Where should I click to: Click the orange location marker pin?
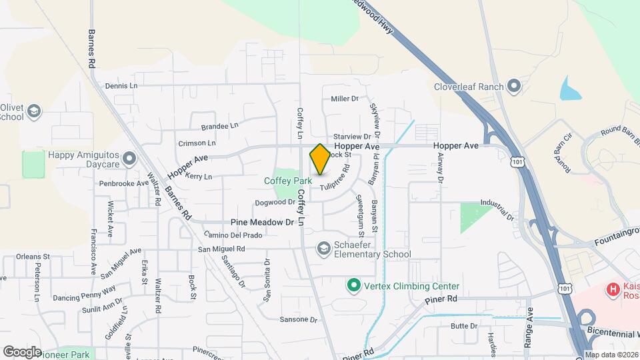tap(320, 159)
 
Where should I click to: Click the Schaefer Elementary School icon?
tap(324, 249)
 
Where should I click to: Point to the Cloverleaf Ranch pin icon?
tap(513, 86)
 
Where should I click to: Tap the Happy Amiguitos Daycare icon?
tap(129, 159)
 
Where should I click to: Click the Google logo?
tap(22, 351)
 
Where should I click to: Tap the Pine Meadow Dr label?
tap(262, 222)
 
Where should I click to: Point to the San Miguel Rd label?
tap(222, 249)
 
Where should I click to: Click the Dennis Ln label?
tap(121, 86)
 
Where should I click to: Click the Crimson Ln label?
tap(197, 143)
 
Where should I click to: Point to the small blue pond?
tap(570, 88)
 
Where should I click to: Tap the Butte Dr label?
tap(464, 326)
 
